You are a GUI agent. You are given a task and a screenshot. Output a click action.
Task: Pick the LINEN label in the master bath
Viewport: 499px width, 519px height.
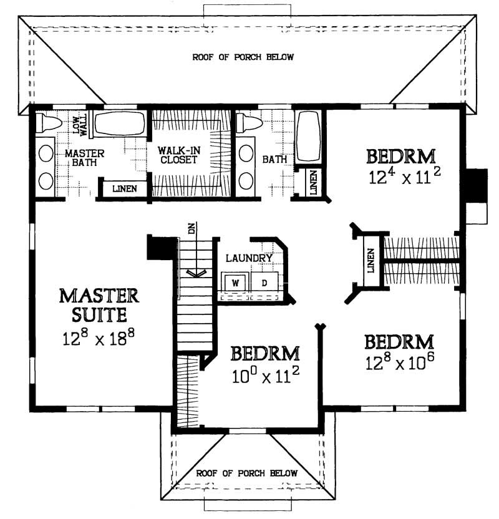(124, 188)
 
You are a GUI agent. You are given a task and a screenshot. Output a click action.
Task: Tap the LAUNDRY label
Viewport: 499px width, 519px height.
(249, 258)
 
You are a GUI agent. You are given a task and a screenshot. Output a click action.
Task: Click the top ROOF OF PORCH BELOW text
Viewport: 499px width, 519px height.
(243, 57)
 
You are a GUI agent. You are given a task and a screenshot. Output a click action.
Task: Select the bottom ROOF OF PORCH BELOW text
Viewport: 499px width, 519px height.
(247, 473)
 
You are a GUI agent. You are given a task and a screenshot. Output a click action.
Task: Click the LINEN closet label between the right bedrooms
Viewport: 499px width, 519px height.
(371, 260)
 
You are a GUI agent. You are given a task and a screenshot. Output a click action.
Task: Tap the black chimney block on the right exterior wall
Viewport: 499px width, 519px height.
(477, 185)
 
